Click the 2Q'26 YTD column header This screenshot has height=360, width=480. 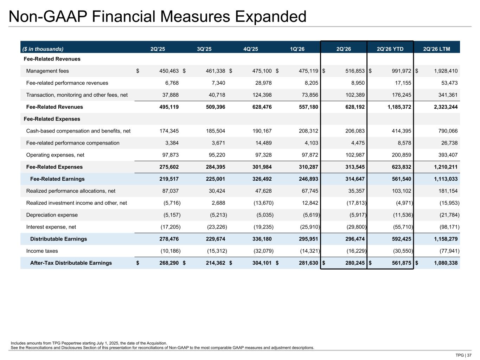[x=390, y=49]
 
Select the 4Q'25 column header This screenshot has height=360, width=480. [x=251, y=49]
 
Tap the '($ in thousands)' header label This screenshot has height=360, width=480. [x=43, y=49]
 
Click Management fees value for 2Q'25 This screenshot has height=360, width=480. [x=169, y=71]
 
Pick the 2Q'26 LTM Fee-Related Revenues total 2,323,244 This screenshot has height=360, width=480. [x=446, y=107]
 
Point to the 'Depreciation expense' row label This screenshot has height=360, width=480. [x=52, y=215]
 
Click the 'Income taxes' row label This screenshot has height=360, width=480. [x=42, y=251]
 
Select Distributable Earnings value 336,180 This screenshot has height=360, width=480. [x=262, y=239]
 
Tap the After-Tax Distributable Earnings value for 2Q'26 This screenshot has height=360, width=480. [x=355, y=263]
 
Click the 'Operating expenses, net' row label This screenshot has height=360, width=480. [x=55, y=155]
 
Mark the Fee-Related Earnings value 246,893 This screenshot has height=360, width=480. [x=308, y=179]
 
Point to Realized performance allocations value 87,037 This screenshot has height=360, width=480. [x=170, y=191]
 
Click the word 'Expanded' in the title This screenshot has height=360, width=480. [x=270, y=17]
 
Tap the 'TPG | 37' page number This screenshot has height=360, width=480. [x=463, y=355]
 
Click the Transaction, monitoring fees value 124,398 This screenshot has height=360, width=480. [x=262, y=95]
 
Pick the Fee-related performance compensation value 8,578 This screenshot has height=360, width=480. [x=404, y=143]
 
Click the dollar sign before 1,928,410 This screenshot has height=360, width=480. [x=417, y=71]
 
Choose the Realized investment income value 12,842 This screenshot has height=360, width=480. [x=310, y=203]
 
